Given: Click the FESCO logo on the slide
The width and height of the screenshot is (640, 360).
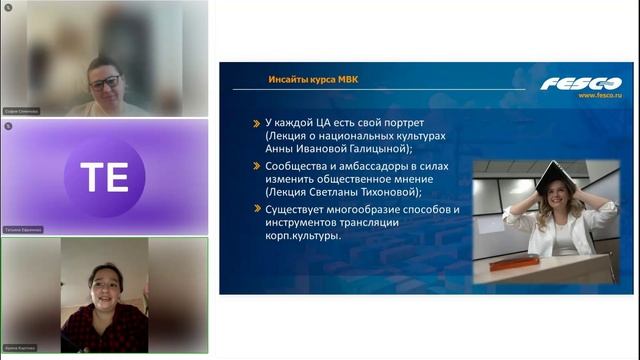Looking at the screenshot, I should [x=581, y=83].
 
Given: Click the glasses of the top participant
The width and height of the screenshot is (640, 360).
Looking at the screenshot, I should [x=104, y=81].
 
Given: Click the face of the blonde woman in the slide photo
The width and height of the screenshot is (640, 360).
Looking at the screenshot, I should [x=556, y=209].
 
